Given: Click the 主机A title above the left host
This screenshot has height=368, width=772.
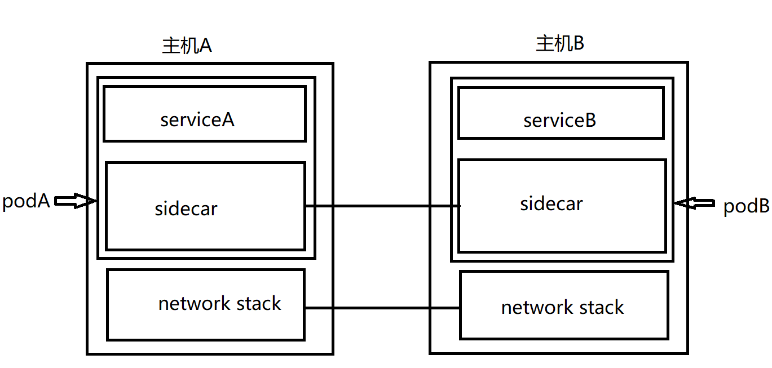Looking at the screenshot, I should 187,46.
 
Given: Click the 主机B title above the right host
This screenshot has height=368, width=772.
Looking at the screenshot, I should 559,43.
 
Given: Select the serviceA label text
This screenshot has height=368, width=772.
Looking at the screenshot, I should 197,120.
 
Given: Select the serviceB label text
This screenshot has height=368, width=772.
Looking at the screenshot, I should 559,121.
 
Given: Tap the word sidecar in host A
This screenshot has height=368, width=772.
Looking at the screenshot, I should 186,209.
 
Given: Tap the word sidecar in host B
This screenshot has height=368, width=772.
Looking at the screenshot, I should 551,204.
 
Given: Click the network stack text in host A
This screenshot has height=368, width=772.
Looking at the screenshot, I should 219,304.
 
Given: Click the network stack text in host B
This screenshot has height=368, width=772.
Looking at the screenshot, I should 562,308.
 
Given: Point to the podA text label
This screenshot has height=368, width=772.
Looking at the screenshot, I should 26,201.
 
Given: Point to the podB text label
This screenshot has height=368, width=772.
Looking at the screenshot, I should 746,206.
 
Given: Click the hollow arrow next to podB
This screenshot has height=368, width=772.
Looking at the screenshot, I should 694,203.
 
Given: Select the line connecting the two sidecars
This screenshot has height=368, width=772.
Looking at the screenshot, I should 382,206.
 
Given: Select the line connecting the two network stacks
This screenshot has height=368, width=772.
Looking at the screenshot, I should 382,308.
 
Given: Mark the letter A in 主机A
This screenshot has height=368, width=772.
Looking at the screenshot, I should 205,46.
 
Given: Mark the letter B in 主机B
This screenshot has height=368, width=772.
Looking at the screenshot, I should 578,44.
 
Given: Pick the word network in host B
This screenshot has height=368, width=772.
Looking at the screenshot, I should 529,308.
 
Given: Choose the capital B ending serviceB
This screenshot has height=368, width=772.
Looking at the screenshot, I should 590,121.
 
